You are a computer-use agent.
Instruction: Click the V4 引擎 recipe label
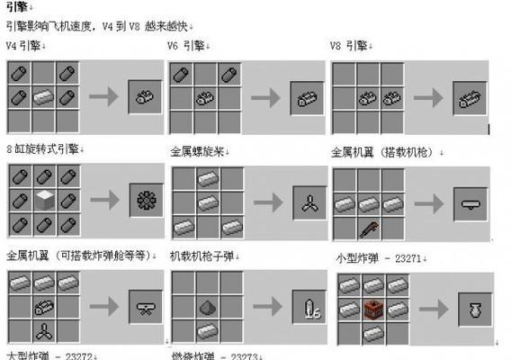pos(24,45)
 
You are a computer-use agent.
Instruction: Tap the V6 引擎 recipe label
pos(186,45)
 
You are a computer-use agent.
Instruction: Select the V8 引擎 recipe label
pos(348,45)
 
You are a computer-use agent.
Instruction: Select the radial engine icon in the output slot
pos(145,200)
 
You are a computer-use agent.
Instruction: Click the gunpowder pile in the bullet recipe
pos(207,308)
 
